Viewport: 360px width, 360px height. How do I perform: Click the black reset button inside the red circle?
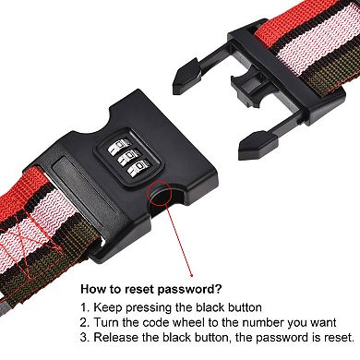point(162,194)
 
